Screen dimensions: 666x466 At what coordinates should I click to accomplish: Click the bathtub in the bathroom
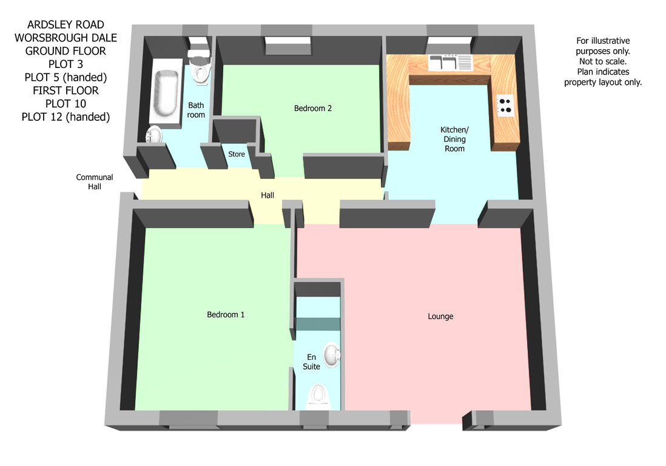[x=166, y=93]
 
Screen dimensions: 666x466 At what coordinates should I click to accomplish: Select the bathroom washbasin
[x=153, y=135]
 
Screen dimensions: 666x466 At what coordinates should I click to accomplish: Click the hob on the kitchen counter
[x=505, y=106]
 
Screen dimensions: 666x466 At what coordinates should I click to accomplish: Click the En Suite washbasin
[x=332, y=355]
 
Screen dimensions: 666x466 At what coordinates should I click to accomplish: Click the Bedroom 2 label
[x=312, y=109]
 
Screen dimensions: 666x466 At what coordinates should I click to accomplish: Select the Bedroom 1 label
[x=226, y=315]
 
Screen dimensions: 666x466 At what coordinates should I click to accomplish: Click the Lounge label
[x=440, y=317]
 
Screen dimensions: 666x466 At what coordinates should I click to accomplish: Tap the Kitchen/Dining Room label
[x=454, y=140]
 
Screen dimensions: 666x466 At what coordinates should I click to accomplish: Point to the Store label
[x=237, y=154]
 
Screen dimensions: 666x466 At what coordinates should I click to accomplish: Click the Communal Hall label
[x=94, y=182]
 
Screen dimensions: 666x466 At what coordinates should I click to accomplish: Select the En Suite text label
[x=311, y=362]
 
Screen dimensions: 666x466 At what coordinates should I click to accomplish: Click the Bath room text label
[x=196, y=110]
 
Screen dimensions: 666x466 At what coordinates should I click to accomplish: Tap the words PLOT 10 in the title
[x=66, y=104]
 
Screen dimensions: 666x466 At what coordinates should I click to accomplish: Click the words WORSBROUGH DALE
[x=66, y=38]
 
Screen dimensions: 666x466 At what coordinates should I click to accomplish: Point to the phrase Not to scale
[x=603, y=62]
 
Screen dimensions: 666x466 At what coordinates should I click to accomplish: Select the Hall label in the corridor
[x=267, y=195]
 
